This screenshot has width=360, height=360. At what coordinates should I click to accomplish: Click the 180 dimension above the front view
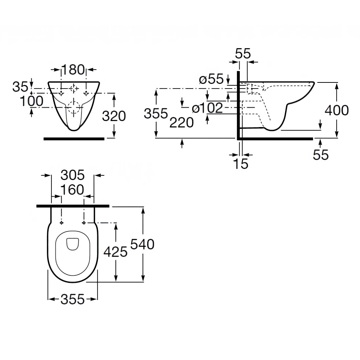73,69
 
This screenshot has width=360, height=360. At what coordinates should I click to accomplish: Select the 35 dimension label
21,87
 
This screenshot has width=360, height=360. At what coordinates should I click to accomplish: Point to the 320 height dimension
114,116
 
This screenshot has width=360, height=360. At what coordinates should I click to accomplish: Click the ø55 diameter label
211,79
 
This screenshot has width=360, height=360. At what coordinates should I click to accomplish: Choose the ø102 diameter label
207,108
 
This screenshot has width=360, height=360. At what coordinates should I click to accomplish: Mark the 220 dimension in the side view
181,123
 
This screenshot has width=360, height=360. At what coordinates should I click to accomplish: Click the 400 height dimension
337,110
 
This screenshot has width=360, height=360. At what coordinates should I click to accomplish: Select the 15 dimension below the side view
240,164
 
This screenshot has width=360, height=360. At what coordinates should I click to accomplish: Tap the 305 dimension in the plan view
72,175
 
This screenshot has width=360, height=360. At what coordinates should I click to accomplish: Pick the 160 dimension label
72,190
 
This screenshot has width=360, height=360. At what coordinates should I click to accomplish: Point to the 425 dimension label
115,252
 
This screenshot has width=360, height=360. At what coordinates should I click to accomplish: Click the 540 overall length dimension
142,244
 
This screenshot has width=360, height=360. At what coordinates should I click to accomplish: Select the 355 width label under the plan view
72,299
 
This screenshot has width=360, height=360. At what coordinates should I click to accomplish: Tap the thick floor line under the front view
74,138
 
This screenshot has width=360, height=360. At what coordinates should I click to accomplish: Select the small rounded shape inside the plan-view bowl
73,244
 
